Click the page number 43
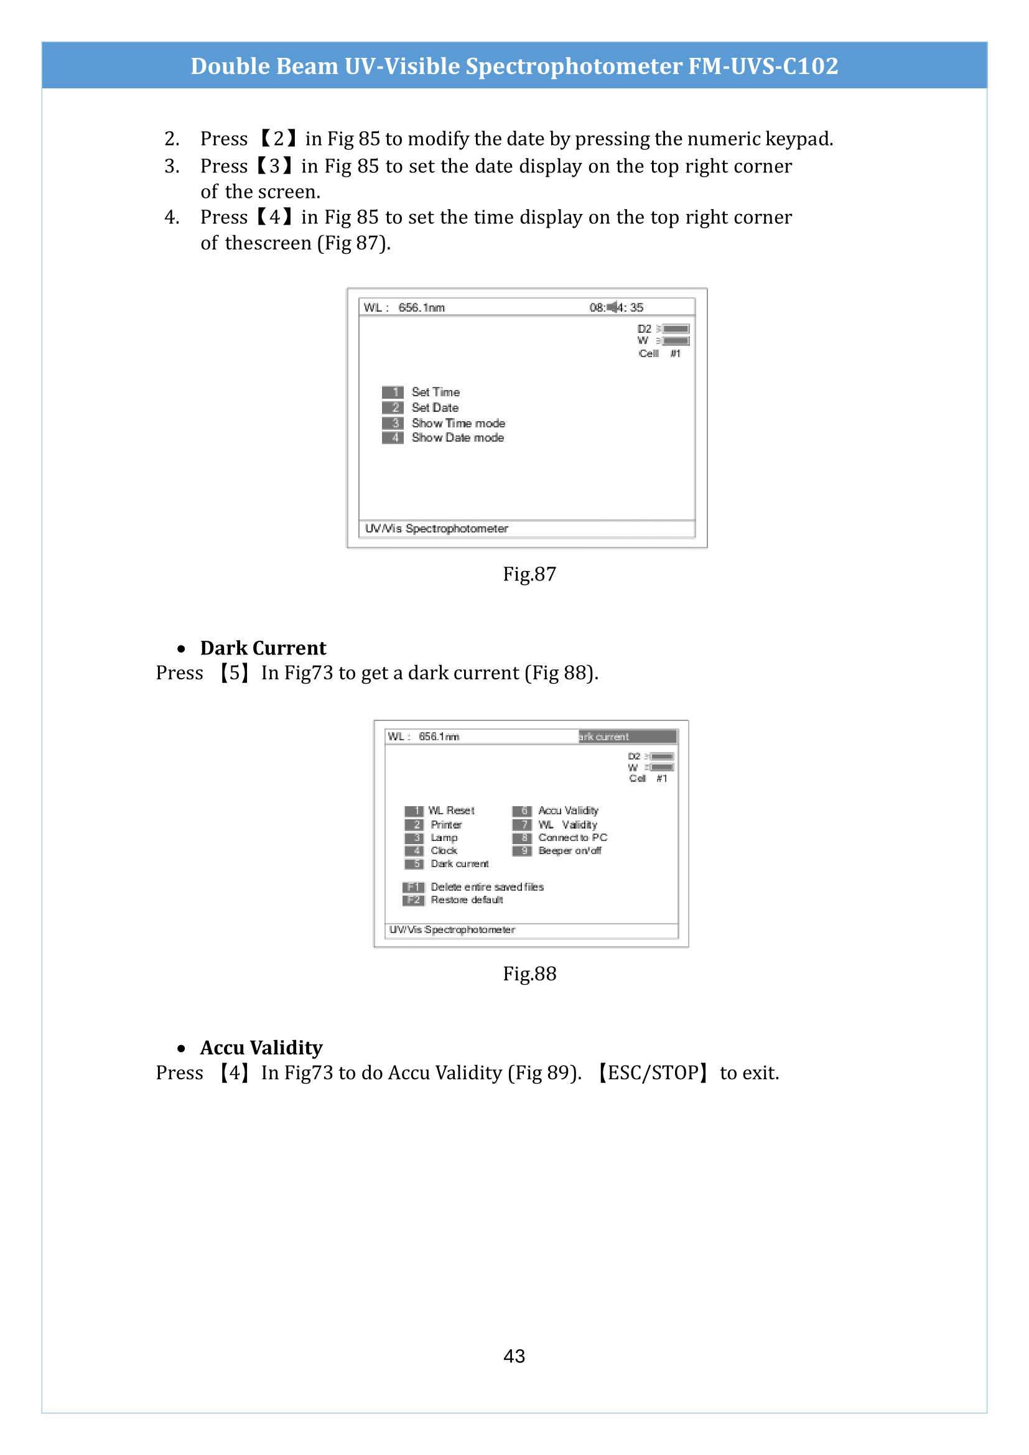coord(514,1355)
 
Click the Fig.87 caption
coord(529,574)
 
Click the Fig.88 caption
coord(529,974)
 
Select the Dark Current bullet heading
coord(263,648)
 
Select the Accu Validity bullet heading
coord(261,1048)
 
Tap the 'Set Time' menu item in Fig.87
coord(435,393)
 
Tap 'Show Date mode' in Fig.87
coord(457,438)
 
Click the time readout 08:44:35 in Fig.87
coord(616,307)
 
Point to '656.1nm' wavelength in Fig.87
coord(421,307)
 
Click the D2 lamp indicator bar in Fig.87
coord(676,329)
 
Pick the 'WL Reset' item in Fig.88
coord(451,811)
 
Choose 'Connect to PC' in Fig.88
coord(572,838)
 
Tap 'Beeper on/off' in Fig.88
coord(570,850)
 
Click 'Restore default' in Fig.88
coord(467,900)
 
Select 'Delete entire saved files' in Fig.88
coord(487,886)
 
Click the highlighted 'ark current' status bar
coord(627,737)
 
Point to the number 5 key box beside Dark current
coord(414,864)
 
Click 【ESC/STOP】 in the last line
coord(653,1073)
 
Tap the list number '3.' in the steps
coord(172,166)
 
